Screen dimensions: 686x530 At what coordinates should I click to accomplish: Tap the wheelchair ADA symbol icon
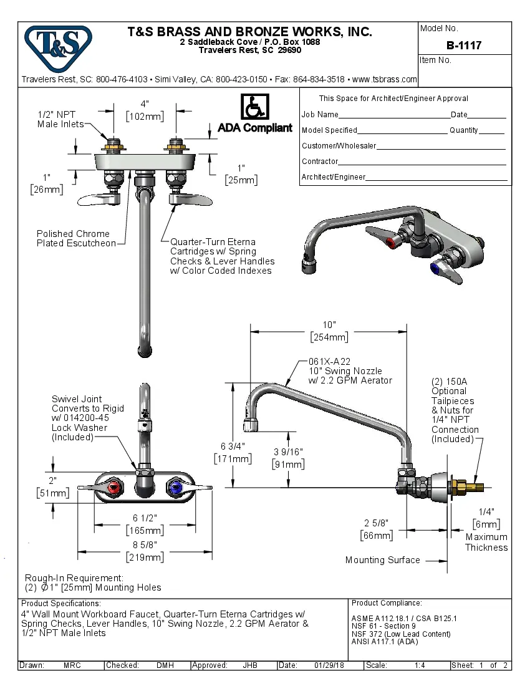(254, 108)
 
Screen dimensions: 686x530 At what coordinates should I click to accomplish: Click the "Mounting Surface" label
(382, 560)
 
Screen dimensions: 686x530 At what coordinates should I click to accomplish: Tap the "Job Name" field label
(320, 115)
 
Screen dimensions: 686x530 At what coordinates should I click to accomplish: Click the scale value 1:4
(420, 665)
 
